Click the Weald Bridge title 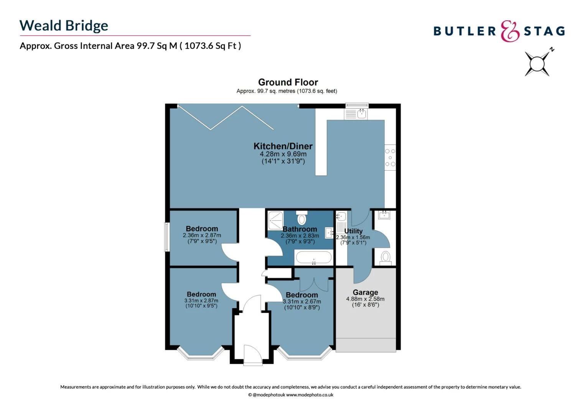point(64,26)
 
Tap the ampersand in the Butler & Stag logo point(510,31)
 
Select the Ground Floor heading point(288,82)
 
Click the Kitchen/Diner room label point(283,146)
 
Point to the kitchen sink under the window point(356,113)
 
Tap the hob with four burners point(390,158)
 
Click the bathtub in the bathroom point(313,257)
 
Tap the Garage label point(365,292)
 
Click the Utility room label point(353,231)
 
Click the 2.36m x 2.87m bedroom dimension point(202,235)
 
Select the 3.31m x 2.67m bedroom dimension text point(302,301)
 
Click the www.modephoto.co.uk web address point(309,395)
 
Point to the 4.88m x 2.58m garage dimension point(365,299)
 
